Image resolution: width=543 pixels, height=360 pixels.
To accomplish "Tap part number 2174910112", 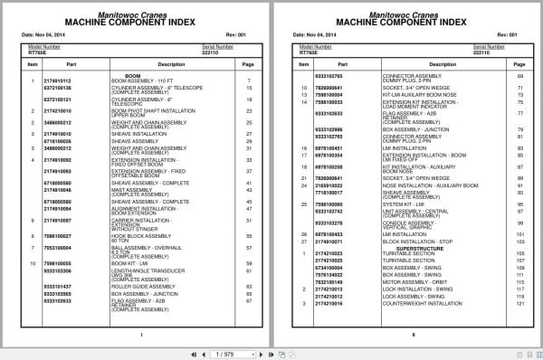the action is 59,81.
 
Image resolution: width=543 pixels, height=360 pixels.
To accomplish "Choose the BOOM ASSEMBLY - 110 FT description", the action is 140,81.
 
